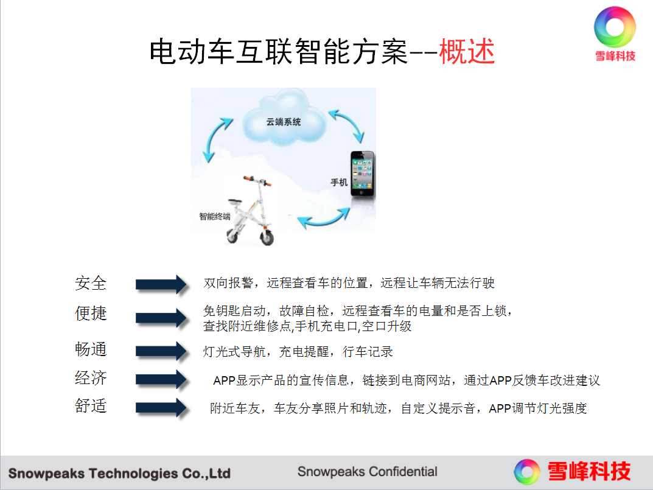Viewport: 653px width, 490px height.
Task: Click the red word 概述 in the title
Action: pos(467,51)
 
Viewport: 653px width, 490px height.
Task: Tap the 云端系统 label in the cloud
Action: pos(283,122)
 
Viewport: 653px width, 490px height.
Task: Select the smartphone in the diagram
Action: pos(362,173)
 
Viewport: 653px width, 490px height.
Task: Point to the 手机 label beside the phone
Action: pos(338,183)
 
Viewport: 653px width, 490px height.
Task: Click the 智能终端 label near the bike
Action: pos(214,216)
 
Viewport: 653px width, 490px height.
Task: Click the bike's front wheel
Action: pos(267,237)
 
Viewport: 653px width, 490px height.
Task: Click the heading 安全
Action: pos(91,283)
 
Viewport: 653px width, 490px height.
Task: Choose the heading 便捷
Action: pos(91,313)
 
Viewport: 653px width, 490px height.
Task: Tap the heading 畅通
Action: pos(91,349)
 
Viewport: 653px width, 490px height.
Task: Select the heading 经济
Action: pos(91,378)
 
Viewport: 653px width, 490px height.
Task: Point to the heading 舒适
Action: pos(91,406)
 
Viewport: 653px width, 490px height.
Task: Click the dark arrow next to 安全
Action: pos(162,285)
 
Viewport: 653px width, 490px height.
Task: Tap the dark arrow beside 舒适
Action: pos(162,407)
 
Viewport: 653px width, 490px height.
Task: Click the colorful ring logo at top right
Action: pos(615,27)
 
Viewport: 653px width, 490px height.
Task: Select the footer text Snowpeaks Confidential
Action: pos(368,472)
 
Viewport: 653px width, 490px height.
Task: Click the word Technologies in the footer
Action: pos(133,474)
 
